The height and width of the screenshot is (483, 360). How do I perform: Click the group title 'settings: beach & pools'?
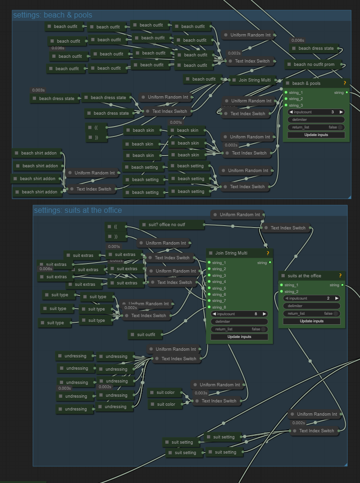(x=53, y=15)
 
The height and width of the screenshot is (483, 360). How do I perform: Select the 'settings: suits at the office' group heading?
(x=78, y=210)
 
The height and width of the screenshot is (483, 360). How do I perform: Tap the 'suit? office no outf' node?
(x=172, y=224)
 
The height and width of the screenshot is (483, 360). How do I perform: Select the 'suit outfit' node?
(x=146, y=335)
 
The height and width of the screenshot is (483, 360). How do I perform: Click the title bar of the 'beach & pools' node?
(x=313, y=83)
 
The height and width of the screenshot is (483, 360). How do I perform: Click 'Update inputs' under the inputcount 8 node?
(x=239, y=337)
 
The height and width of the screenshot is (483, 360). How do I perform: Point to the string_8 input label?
(x=219, y=307)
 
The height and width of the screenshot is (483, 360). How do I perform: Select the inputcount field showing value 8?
(x=239, y=314)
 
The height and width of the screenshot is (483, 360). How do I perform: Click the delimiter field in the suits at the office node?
(x=312, y=306)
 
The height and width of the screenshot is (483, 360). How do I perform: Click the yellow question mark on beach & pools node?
(x=345, y=83)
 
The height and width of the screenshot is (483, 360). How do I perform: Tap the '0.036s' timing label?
(x=58, y=48)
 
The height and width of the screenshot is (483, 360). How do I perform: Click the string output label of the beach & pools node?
(x=339, y=92)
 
